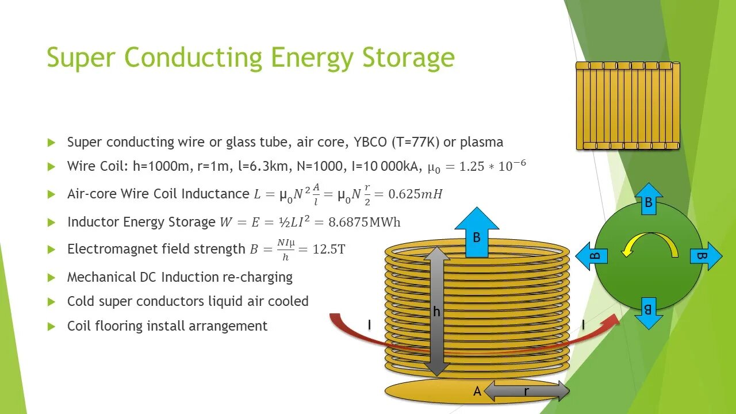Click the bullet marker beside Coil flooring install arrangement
coord(52,327)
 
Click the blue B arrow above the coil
coord(477,233)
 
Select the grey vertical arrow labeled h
coord(437,311)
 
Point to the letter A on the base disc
coord(477,392)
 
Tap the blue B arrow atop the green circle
coord(648,199)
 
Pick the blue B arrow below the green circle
coord(648,312)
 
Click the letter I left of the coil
coord(369,325)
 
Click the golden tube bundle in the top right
coord(627,105)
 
